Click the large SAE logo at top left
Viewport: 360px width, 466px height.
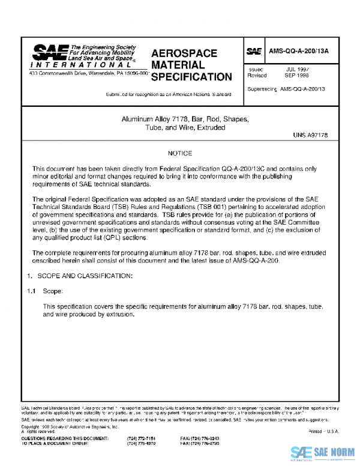click(49, 51)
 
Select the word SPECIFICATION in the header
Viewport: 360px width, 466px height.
click(191, 77)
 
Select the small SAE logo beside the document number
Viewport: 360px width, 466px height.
click(254, 51)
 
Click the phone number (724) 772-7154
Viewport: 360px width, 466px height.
click(142, 439)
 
